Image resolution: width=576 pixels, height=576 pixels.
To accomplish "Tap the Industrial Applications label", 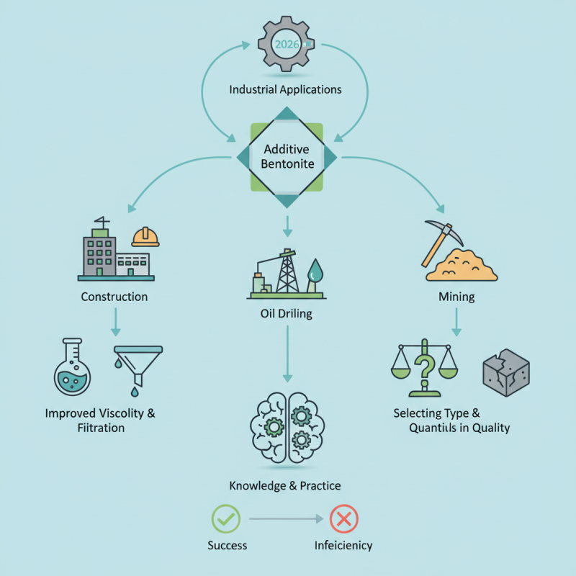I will pos(285,90).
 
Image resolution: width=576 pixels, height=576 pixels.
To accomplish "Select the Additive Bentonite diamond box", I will pos(286,157).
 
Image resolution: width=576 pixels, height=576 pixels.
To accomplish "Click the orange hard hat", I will pos(145,237).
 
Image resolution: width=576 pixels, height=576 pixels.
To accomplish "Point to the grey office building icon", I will pos(101,252).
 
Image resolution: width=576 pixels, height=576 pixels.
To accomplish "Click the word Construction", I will pos(114,297).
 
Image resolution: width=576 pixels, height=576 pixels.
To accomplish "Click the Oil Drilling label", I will pos(286,314).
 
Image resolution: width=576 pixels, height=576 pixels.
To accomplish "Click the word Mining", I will pos(456,297).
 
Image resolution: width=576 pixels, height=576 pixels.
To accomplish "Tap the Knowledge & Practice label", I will pos(285,486).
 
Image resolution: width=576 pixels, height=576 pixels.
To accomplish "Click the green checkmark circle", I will pos(225,518).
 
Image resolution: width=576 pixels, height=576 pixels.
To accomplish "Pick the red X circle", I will pos(343,518).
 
